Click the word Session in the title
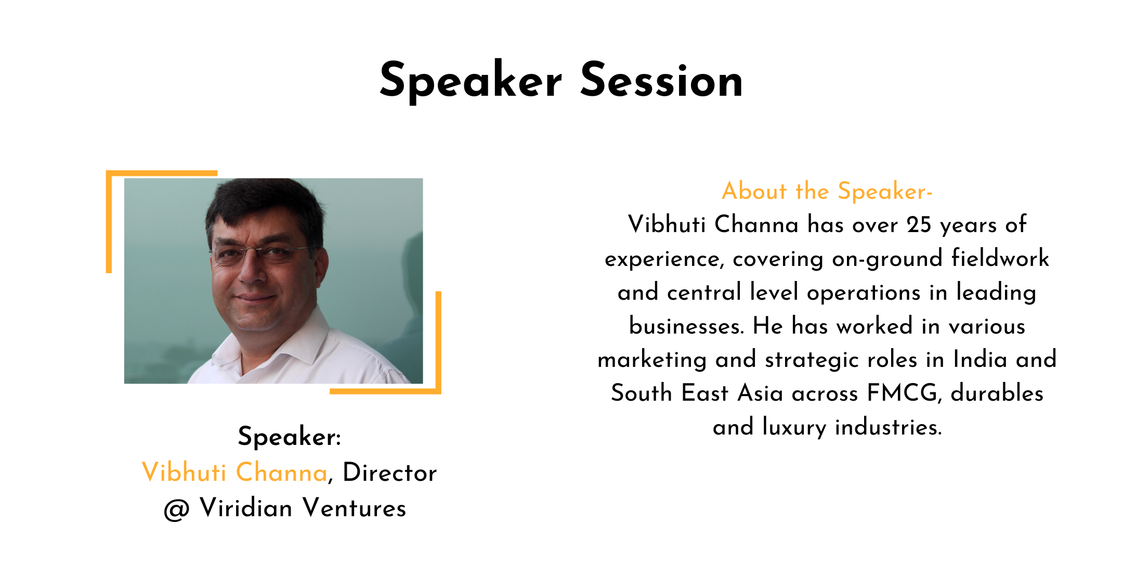point(661,80)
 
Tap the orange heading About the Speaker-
point(827,191)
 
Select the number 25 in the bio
point(919,225)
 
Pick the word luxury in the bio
point(794,428)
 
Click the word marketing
point(652,360)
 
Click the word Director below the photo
point(390,472)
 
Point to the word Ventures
point(354,508)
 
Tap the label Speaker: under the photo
point(290,437)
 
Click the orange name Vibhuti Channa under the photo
point(234,472)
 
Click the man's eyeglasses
point(260,253)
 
